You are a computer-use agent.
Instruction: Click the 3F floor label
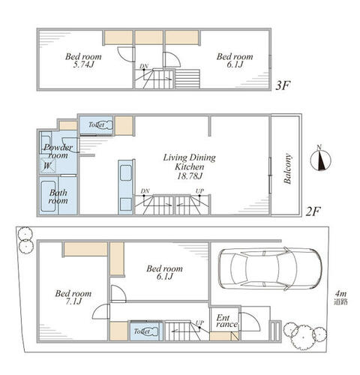tap(283, 85)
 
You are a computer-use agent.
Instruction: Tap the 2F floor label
tap(313, 212)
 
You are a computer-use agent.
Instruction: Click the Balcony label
tap(288, 169)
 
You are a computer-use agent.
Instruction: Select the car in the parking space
tap(270, 268)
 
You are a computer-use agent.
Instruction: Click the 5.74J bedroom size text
tap(83, 64)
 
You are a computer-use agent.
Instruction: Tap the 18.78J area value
tap(190, 176)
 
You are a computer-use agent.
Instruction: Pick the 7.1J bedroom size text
tap(73, 301)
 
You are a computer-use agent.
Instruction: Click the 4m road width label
tap(340, 293)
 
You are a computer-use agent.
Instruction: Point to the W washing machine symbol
tap(48, 166)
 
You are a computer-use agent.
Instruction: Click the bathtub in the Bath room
tap(48, 196)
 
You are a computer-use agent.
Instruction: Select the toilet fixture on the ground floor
tap(152, 331)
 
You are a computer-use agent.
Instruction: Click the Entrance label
tap(226, 321)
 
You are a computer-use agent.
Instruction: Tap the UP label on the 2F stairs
tap(199, 191)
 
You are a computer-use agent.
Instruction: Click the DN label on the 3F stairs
tap(144, 66)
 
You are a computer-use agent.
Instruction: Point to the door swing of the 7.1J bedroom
tap(101, 311)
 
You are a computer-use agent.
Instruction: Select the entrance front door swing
tap(249, 322)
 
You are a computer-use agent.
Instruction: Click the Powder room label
tap(58, 151)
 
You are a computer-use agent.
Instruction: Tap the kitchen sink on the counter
tap(126, 172)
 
